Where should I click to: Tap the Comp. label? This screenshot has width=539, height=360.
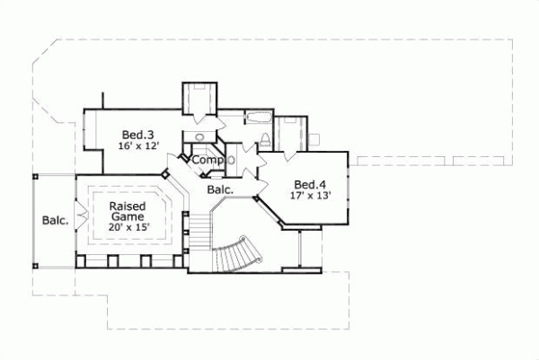click(x=208, y=160)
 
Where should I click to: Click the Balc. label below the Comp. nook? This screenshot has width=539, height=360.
click(x=220, y=189)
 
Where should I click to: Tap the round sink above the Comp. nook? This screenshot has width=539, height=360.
click(x=200, y=136)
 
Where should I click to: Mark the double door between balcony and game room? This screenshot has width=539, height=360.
click(x=81, y=215)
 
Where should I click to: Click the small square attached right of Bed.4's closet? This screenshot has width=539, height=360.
click(x=314, y=137)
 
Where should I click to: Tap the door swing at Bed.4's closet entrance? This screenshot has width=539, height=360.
click(x=289, y=154)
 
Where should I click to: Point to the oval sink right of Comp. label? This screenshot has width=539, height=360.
click(x=232, y=159)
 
